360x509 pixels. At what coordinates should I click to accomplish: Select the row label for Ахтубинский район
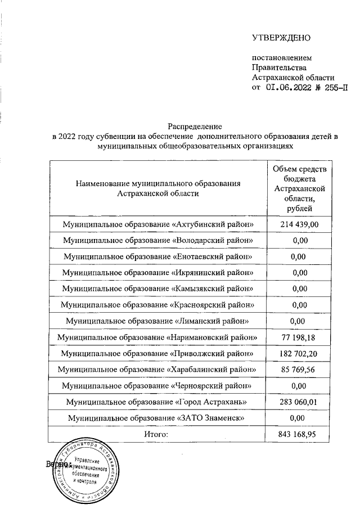[157, 224]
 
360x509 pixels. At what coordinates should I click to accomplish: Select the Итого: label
[157, 434]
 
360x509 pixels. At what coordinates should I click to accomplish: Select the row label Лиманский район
[157, 321]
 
